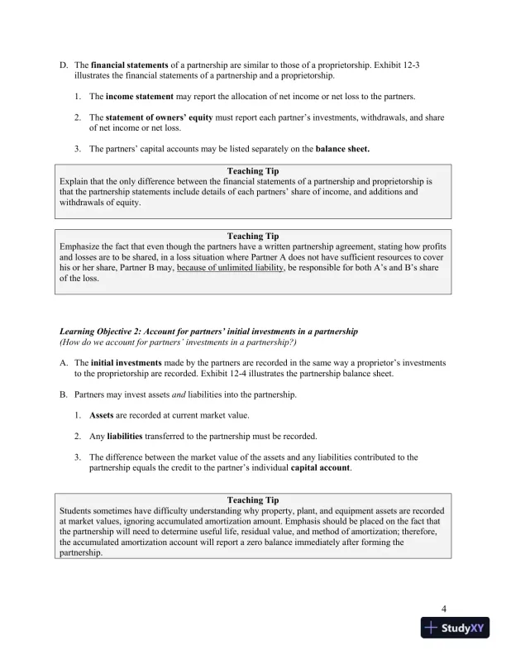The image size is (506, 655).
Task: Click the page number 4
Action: (x=445, y=610)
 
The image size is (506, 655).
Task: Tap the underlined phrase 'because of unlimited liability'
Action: (x=231, y=269)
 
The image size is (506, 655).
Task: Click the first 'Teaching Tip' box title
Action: (x=252, y=170)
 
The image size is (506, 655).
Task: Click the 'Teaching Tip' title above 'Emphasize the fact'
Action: (x=252, y=236)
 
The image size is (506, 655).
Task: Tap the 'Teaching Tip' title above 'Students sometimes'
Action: (x=252, y=500)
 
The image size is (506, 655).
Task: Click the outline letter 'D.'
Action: (x=63, y=64)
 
